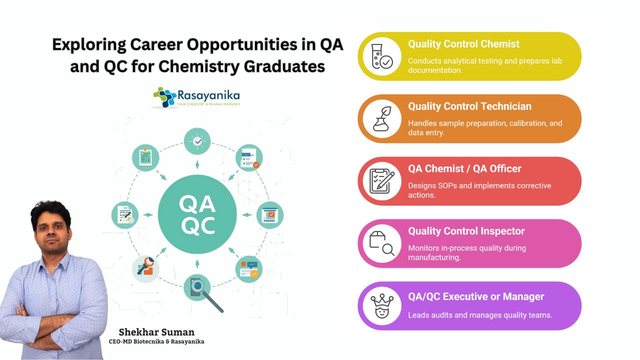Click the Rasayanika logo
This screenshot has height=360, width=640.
tap(196, 97)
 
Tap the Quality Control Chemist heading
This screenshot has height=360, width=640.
tap(463, 44)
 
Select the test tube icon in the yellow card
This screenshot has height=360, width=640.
tap(381, 56)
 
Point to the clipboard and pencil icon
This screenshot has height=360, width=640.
tap(381, 181)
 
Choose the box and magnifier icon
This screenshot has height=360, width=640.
tap(381, 243)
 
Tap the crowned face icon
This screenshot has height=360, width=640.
tap(381, 306)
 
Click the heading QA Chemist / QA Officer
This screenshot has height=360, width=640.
tap(465, 169)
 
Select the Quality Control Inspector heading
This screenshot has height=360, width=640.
tap(466, 231)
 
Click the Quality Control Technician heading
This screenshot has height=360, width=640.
tap(469, 106)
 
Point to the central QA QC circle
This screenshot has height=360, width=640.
tap(197, 214)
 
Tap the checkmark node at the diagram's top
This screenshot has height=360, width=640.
tap(197, 141)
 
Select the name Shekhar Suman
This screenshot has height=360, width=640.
tap(156, 332)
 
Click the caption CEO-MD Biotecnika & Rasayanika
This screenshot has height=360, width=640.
tap(156, 341)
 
